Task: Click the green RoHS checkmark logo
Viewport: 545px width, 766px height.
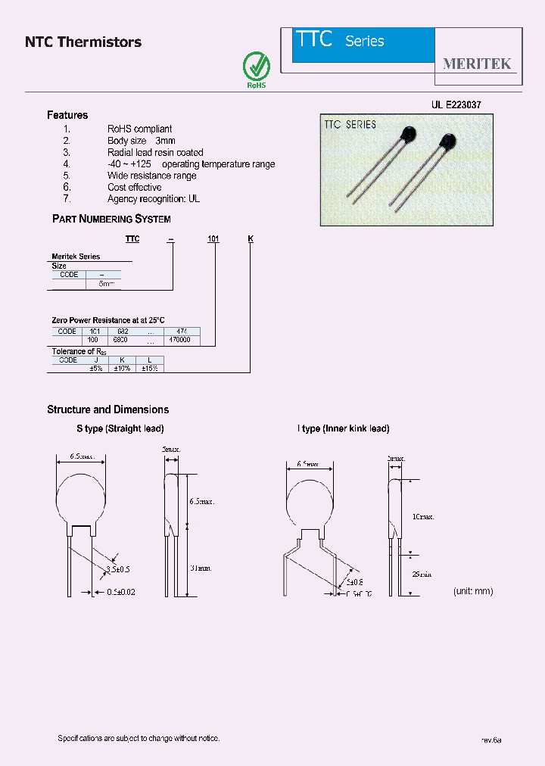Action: tap(257, 67)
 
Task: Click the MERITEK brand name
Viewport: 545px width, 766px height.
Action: tap(477, 64)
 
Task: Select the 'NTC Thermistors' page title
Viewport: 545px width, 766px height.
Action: tap(83, 42)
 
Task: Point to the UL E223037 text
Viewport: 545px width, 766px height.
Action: tap(456, 106)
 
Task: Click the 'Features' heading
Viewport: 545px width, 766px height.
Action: tap(67, 115)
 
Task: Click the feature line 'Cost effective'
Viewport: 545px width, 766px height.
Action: tap(134, 187)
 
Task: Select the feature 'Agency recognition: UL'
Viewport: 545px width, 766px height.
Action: tap(154, 198)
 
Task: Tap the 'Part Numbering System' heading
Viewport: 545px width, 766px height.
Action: tap(111, 219)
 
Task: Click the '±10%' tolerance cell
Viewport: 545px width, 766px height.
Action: tap(122, 368)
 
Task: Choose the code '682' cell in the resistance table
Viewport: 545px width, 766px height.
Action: tap(123, 332)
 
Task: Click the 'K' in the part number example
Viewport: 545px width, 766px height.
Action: tap(251, 239)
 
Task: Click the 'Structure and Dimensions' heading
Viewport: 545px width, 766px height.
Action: tap(107, 409)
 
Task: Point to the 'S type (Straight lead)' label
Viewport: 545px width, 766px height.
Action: tap(120, 428)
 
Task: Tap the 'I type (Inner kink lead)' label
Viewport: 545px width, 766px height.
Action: tap(343, 428)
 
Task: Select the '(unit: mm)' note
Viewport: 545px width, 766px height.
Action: tap(473, 590)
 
